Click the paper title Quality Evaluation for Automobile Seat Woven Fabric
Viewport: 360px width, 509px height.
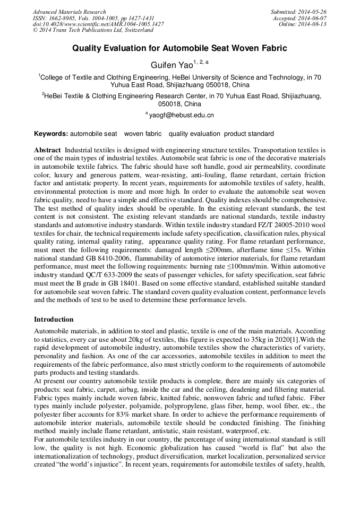179,48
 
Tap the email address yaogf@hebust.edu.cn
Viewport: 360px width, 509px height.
181,115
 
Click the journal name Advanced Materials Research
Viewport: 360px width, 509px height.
70,12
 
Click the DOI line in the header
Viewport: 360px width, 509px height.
98,24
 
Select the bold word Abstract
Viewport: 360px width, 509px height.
47,151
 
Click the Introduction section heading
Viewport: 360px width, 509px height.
54,320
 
